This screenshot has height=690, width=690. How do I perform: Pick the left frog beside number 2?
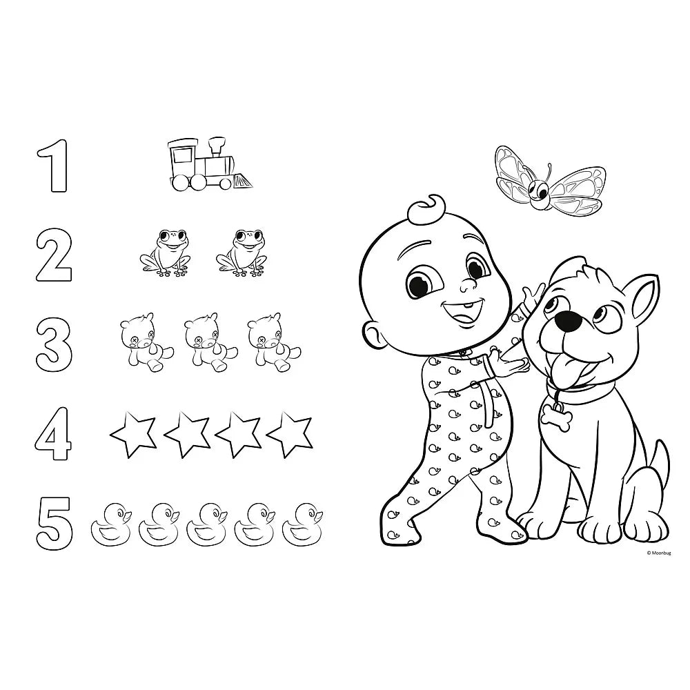(166, 254)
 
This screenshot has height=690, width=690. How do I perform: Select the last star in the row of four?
(290, 433)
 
